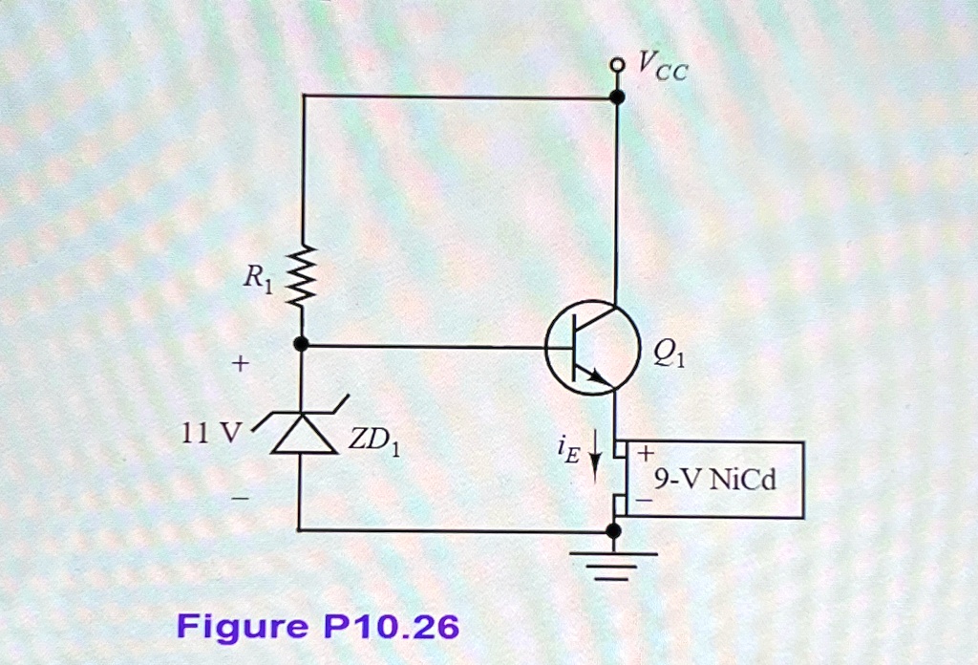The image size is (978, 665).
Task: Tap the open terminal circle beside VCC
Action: (618, 65)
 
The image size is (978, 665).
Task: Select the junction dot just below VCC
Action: (617, 97)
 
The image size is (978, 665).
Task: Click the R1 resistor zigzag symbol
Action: (301, 278)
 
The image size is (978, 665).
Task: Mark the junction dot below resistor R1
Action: (301, 344)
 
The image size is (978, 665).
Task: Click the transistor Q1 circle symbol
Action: (592, 346)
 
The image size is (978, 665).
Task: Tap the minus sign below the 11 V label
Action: (241, 498)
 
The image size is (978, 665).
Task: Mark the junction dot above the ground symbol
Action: (614, 530)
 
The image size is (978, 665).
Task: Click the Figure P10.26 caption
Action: (318, 628)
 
